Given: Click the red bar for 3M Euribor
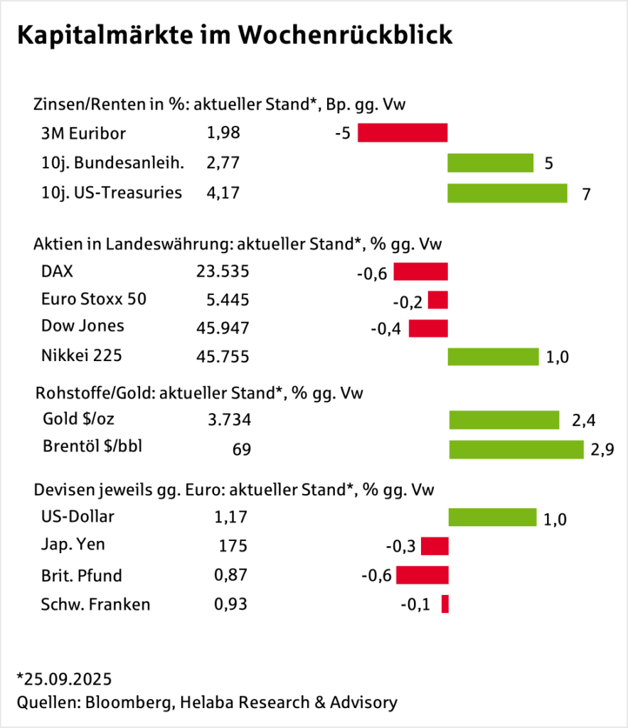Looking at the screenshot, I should (403, 133).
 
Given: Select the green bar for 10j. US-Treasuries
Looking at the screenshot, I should (507, 193).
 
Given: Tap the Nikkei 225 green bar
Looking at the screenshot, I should (493, 356).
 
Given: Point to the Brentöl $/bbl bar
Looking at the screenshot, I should (516, 449).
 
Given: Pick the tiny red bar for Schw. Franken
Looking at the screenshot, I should (445, 604).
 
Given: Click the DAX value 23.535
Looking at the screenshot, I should (223, 271).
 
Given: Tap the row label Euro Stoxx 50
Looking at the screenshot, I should (94, 299).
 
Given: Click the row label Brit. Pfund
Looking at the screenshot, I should (82, 575).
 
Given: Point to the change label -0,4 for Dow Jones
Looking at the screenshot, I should (385, 329).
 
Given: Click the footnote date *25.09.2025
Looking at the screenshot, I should (64, 677).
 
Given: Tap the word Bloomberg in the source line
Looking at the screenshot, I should (131, 702).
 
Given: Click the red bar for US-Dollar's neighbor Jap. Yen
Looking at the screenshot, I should (435, 546).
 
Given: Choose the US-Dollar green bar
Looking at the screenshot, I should (492, 517).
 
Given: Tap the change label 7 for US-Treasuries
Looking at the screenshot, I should (586, 194).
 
